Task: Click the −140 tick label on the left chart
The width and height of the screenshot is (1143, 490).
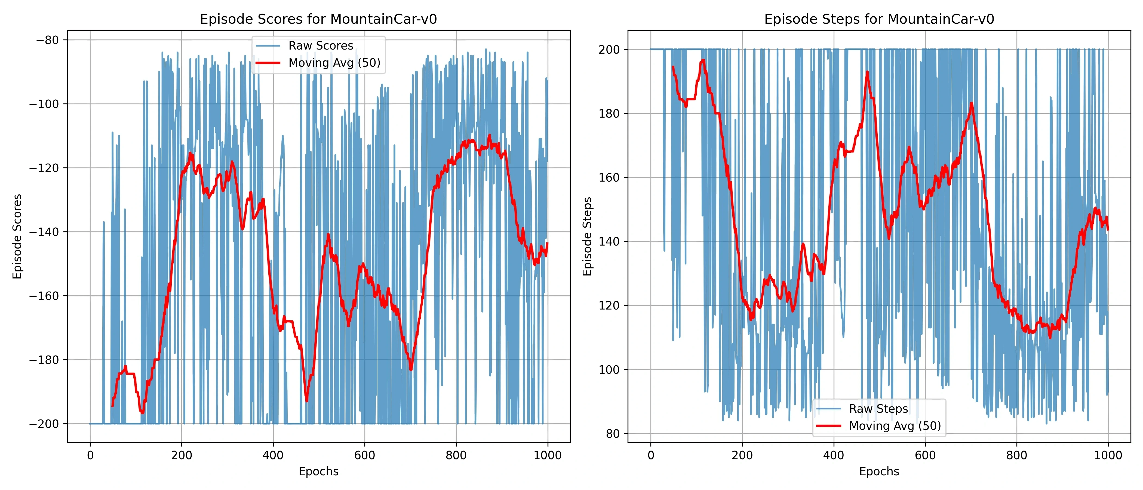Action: coord(44,232)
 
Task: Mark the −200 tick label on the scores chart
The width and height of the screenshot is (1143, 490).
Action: coord(44,424)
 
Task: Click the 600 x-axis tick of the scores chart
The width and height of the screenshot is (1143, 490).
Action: coord(364,455)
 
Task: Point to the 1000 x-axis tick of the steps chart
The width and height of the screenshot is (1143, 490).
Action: coord(1108,455)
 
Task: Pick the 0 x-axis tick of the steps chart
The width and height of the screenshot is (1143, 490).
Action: coord(651,455)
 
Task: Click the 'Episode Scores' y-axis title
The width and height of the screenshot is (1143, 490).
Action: coord(17,237)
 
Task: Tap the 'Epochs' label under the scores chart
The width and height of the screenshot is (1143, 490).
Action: coord(319,472)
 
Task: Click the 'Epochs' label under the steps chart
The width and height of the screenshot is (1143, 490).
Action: coord(879,472)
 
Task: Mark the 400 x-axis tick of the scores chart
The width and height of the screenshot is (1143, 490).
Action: coord(273,455)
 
